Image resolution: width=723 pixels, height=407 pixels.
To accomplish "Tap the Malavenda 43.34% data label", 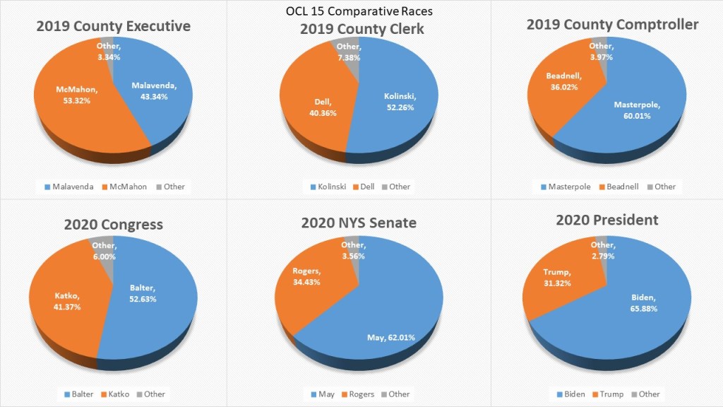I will click(x=150, y=90).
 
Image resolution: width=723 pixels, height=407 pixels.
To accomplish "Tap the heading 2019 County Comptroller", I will click(x=612, y=25).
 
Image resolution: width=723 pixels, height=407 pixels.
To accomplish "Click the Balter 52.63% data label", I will click(x=143, y=293).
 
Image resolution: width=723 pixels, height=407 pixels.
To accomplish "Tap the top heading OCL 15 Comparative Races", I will click(x=360, y=11).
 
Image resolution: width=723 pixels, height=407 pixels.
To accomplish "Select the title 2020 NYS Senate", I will click(x=358, y=223).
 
